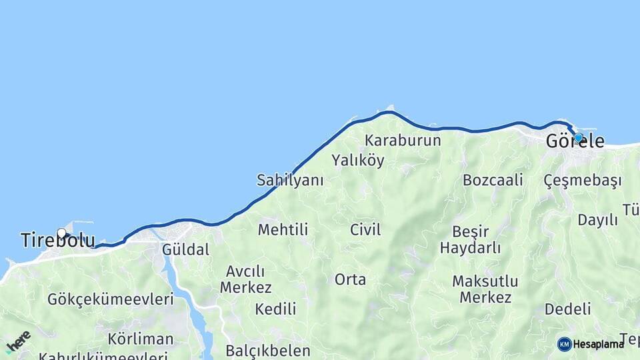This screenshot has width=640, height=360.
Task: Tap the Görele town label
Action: coord(575,142)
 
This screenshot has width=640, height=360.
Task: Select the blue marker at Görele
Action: coord(578,138)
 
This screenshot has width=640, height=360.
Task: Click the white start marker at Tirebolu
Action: coord(62,233)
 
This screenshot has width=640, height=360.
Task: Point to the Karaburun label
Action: coord(403,141)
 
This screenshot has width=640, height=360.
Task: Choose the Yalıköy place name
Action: coord(358,161)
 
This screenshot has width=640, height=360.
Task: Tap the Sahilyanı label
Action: coord(290,180)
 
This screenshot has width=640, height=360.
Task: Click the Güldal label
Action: coord(185,250)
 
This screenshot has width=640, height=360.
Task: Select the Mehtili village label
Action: coord(283,230)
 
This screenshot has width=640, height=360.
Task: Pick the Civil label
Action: coord(365,230)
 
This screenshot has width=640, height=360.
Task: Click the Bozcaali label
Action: coord(493,180)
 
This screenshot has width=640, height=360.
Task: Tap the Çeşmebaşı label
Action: coord(582,181)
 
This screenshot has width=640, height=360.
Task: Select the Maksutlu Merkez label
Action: coord(485,289)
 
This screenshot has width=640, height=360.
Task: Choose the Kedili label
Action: coord(275,309)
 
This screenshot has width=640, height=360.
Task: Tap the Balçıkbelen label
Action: coord(267,351)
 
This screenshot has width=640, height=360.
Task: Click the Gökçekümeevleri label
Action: coord(110,299)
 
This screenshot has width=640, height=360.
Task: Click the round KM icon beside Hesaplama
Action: coord(564,344)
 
